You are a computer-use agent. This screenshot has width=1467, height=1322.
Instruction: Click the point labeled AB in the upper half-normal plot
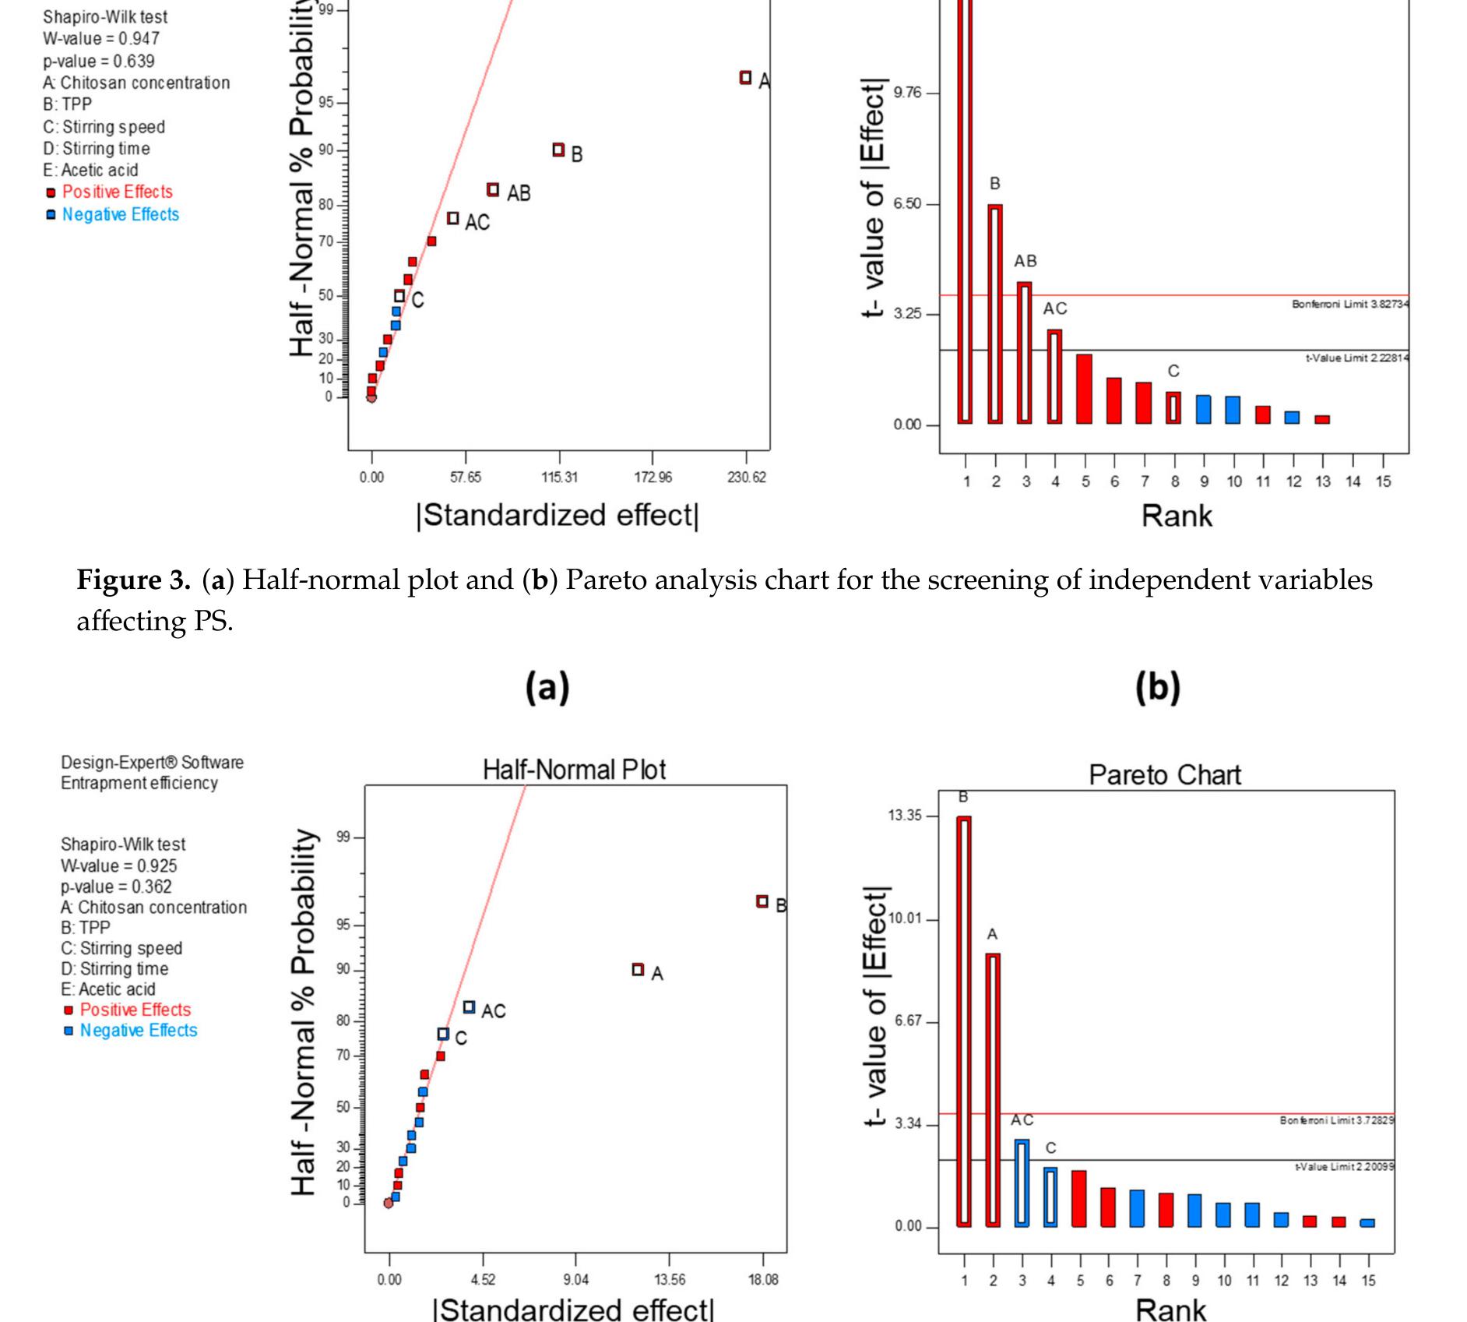tap(493, 189)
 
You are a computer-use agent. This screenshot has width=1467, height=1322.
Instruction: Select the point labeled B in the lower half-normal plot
tap(762, 901)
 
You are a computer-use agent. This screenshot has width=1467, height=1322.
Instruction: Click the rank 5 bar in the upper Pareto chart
tap(1084, 389)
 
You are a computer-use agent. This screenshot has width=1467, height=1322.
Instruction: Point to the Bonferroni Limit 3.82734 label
tap(1350, 304)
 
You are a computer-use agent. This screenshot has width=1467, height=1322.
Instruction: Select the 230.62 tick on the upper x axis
tap(747, 477)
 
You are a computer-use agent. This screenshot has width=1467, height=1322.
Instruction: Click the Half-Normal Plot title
tap(574, 770)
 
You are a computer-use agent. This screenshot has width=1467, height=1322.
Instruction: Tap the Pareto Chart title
tap(1164, 775)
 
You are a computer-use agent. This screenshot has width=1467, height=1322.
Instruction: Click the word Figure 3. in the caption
tap(133, 580)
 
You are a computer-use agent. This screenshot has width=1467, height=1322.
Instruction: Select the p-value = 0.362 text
tap(116, 887)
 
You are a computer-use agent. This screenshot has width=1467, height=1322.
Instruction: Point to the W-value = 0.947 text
tap(101, 38)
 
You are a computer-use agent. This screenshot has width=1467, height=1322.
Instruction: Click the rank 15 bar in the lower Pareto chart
tap(1367, 1223)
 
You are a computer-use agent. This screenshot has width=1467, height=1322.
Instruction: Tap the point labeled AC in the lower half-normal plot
tap(469, 1007)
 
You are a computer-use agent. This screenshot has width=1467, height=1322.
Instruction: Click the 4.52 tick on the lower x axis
tap(483, 1279)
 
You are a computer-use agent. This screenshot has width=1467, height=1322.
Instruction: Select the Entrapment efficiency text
tap(139, 783)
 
